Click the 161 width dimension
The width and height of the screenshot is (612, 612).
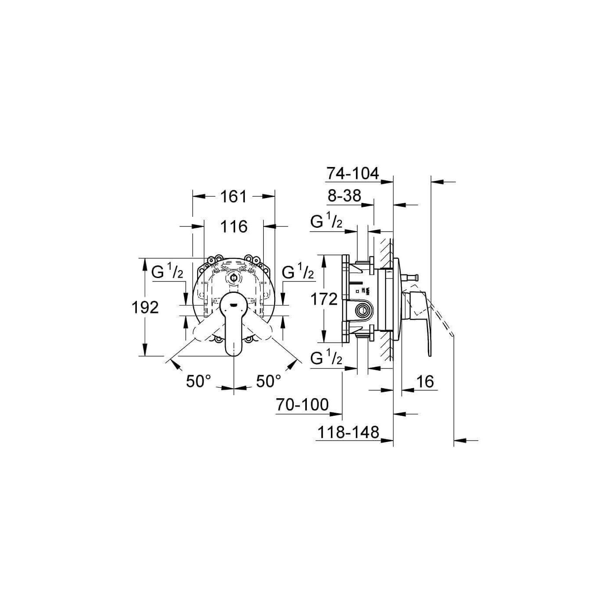point(234,197)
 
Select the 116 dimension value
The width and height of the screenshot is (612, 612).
point(234,226)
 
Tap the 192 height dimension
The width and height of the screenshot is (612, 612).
point(145,307)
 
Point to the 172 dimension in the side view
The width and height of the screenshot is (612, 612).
point(324,299)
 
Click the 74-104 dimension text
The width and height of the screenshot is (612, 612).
point(352,174)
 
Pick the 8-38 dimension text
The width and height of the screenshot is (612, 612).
point(345,196)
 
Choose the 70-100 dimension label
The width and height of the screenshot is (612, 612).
point(302,405)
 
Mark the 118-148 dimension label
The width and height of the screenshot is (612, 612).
point(348,432)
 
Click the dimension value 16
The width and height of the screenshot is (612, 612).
point(425,382)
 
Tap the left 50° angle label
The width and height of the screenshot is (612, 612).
point(198,381)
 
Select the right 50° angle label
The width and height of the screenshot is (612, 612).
point(268,381)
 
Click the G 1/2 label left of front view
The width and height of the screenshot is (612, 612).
point(167,273)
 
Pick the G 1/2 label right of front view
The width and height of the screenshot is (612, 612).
point(298,273)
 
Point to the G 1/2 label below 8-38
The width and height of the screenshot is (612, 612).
point(326,223)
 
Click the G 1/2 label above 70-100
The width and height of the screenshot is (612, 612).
point(326,359)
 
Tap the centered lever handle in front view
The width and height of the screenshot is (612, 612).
point(234,323)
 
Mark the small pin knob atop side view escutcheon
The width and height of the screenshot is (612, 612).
point(412,277)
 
